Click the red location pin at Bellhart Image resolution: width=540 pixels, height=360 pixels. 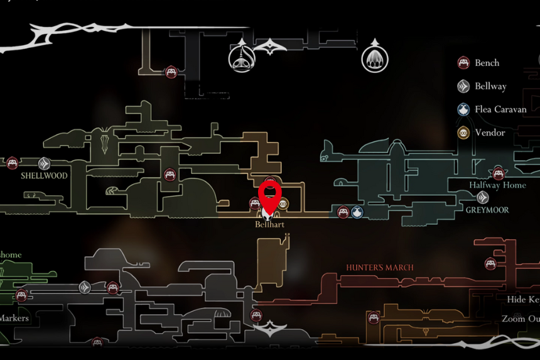tap(270, 194)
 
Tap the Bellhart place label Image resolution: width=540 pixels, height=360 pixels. tap(269, 224)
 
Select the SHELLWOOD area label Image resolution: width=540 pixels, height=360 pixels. tap(44, 176)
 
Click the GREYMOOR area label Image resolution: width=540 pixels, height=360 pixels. tap(487, 210)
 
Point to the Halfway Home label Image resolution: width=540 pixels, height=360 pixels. tap(497, 185)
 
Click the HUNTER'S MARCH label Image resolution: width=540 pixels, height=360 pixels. tap(380, 268)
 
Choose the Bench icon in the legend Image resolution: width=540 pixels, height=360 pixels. tap(463, 63)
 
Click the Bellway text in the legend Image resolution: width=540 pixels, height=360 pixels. tap(490, 86)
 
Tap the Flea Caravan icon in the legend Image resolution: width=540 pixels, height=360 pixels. tap(463, 109)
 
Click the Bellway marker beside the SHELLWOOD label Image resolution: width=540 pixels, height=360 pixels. tap(44, 164)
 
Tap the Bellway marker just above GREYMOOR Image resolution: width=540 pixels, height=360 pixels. tap(482, 197)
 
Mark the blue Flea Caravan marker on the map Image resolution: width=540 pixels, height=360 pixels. tap(357, 212)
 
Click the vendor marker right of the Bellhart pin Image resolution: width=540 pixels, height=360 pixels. tap(283, 204)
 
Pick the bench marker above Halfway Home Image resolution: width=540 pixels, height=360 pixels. tap(499, 173)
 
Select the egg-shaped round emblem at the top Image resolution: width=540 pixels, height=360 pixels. tap(375, 59)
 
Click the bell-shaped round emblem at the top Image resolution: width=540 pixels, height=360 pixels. tap(240, 58)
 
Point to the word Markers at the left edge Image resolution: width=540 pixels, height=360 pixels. tap(14, 318)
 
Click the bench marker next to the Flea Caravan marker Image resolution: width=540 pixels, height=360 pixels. tap(342, 212)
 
